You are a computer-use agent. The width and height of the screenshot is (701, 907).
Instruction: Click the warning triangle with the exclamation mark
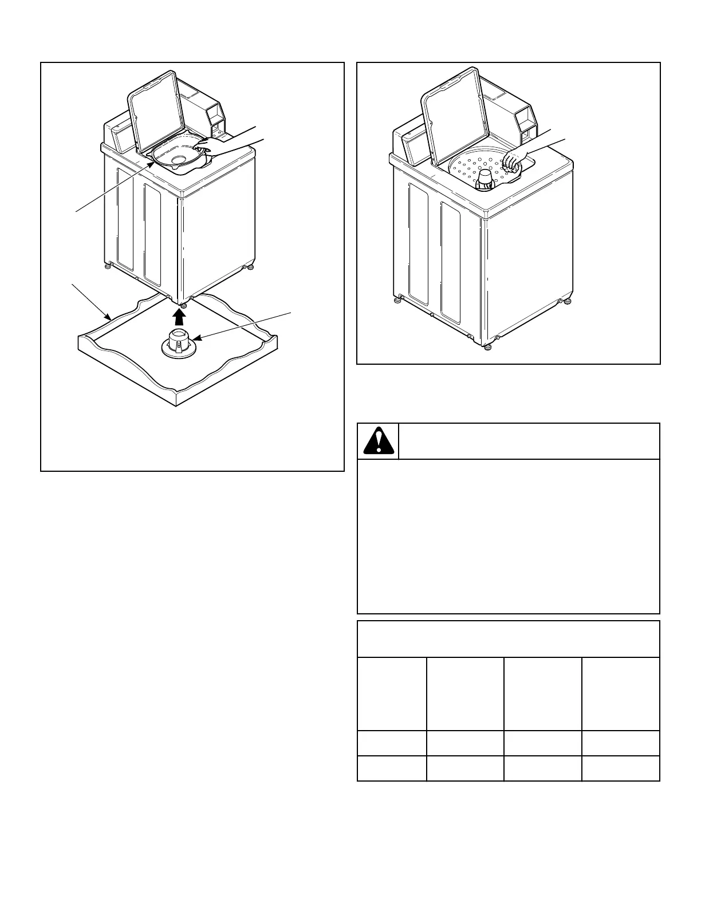378,441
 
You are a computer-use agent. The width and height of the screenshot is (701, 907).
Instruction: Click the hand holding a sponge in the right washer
514,161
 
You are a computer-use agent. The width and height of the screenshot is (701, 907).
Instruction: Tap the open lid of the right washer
452,112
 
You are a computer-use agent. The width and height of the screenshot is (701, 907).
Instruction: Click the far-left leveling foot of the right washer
396,299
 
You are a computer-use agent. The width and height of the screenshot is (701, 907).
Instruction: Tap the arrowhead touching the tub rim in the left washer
152,163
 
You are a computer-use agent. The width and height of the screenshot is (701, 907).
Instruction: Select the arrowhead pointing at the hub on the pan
197,339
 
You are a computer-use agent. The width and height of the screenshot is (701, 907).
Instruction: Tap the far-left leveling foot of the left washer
107,265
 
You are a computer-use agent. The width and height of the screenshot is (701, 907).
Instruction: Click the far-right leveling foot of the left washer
249,267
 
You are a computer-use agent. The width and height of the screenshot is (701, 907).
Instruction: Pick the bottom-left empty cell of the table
392,768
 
